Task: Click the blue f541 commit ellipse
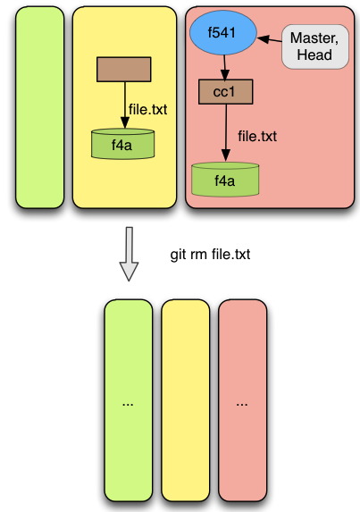[x=223, y=33]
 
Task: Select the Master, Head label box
[x=315, y=46]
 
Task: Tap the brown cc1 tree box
[x=225, y=92]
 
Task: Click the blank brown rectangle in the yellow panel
[x=123, y=69]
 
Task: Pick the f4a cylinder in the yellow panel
[x=122, y=144]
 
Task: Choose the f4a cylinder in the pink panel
[x=225, y=180]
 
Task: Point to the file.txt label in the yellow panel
[x=148, y=109]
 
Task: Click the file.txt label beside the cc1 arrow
[x=257, y=136]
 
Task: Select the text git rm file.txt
[x=210, y=255]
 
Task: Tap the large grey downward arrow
[x=129, y=254]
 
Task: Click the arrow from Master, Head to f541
[x=270, y=39]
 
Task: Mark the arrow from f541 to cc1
[x=224, y=68]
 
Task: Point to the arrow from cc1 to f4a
[x=225, y=133]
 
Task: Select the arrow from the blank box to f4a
[x=125, y=105]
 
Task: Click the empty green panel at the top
[x=40, y=107]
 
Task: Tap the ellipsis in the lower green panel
[x=128, y=405]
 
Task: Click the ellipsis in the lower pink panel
[x=242, y=405]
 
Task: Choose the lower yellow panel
[x=186, y=400]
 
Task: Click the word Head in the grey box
[x=314, y=55]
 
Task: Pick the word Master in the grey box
[x=314, y=38]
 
